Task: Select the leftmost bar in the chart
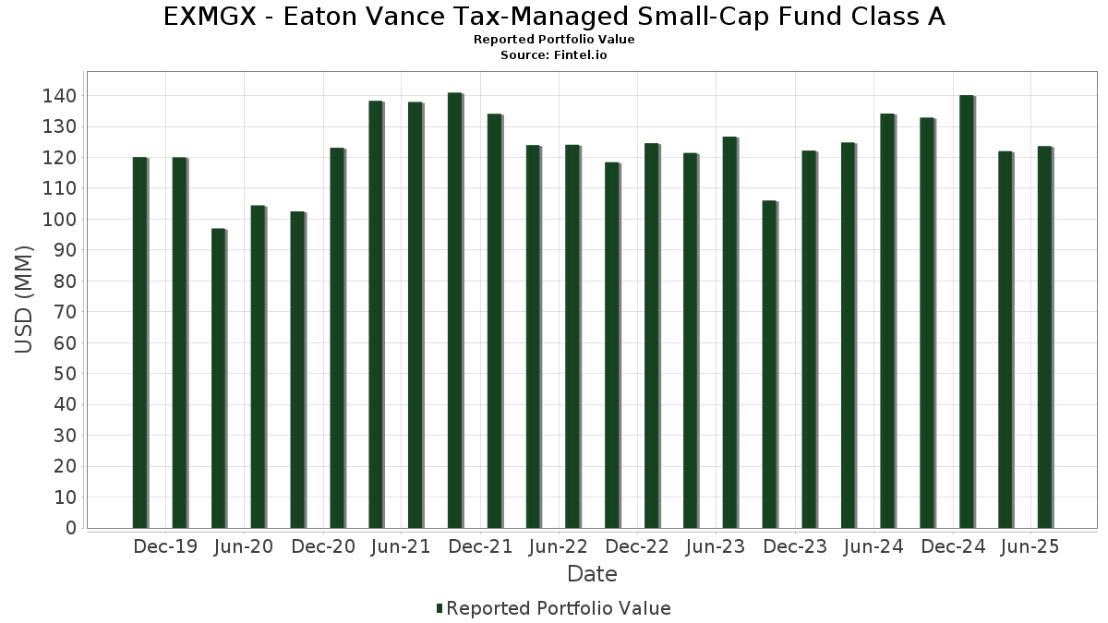139,342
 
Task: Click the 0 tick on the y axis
70,528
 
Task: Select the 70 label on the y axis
65,312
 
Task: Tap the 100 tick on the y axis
60,220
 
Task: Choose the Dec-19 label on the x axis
165,547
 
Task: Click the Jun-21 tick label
401,547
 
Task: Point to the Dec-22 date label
637,547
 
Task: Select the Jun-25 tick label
1030,547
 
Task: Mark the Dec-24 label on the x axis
954,547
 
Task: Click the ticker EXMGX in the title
212,17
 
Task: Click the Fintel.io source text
581,55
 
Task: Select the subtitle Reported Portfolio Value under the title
554,40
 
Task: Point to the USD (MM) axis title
24,299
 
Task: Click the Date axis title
592,574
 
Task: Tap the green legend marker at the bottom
440,608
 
